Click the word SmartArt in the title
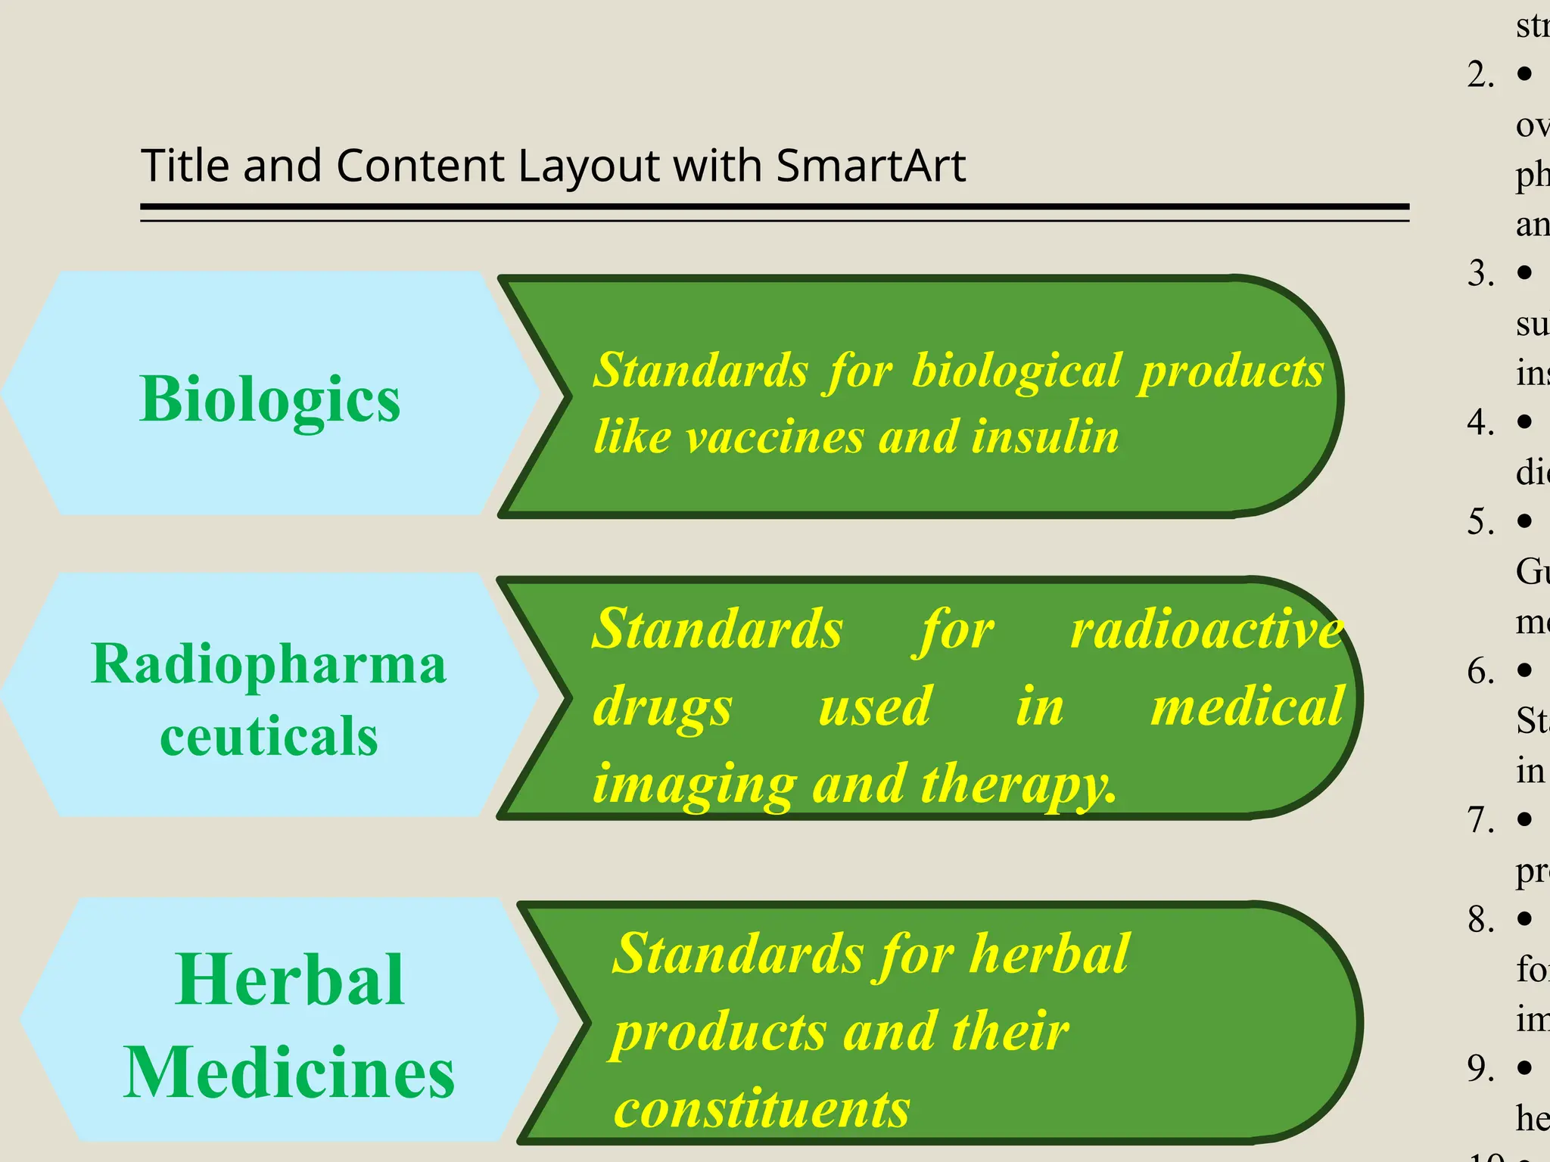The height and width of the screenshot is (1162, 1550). [870, 166]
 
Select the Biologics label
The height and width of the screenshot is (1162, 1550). [270, 399]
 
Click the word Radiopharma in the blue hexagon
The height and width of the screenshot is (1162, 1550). [269, 663]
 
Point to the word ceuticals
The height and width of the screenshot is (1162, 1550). [269, 735]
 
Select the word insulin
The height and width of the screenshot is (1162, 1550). [1045, 437]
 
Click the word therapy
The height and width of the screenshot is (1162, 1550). [1019, 785]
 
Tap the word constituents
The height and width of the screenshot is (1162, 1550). [761, 1109]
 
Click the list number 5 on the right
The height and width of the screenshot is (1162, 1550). [1480, 522]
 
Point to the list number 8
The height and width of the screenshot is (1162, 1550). [1480, 920]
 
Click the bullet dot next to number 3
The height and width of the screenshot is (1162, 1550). [1524, 272]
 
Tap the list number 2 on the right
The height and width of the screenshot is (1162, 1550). [1480, 75]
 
